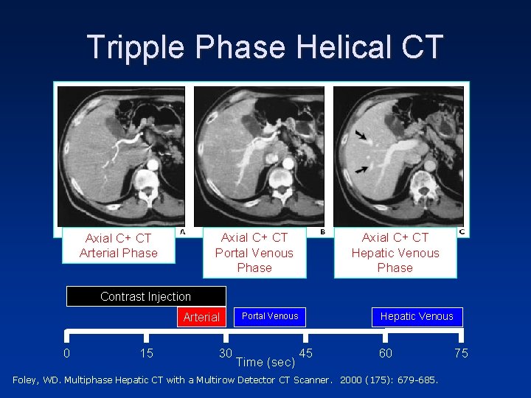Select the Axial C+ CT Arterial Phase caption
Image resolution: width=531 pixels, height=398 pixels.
(119, 245)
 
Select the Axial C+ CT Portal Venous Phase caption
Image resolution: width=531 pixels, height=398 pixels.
(254, 252)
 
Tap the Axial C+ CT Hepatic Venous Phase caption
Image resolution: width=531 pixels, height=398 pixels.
(395, 252)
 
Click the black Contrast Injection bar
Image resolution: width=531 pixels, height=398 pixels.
(145, 296)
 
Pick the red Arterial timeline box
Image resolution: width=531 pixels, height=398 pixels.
(201, 317)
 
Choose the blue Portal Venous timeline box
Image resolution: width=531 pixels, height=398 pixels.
(270, 316)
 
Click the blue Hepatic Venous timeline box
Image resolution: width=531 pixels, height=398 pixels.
(417, 316)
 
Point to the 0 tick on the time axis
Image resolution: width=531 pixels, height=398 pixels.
(66, 353)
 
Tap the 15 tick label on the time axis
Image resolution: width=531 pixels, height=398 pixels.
(147, 353)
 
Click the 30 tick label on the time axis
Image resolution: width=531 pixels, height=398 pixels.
(226, 353)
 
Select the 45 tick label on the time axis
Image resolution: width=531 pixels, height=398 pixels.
(305, 353)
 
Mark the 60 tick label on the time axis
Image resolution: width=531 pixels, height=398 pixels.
(386, 353)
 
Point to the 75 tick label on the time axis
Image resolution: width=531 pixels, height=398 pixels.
(461, 353)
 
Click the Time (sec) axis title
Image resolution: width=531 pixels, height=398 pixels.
(265, 362)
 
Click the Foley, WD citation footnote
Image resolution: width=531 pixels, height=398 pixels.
(226, 380)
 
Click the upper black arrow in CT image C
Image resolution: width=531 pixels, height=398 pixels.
(362, 136)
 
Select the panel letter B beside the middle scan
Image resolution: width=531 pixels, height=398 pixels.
(322, 231)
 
